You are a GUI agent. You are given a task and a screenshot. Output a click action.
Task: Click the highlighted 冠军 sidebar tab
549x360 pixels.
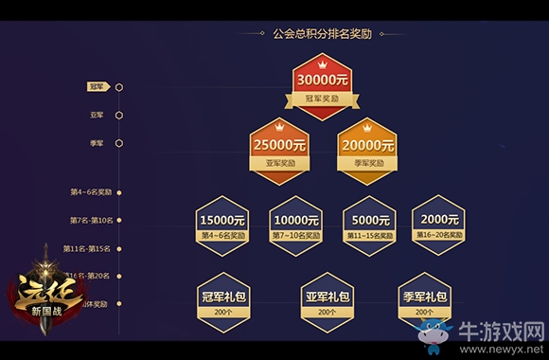point(96,86)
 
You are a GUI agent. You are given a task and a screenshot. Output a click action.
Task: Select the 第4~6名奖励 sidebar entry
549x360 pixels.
point(91,191)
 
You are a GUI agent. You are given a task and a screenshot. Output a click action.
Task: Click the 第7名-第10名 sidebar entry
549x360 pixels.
point(91,220)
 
